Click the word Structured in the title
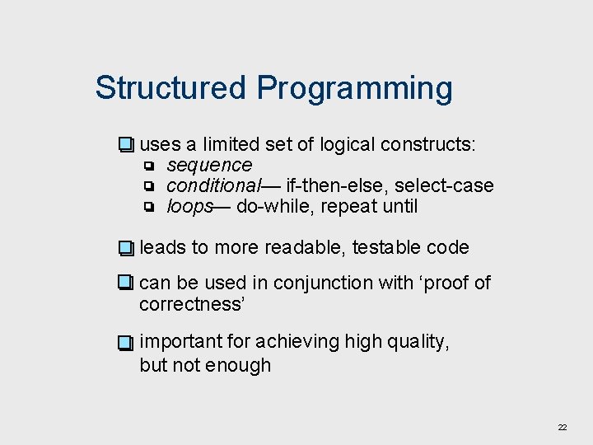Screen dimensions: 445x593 point(170,87)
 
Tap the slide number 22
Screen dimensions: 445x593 point(563,427)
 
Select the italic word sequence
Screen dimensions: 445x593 point(209,166)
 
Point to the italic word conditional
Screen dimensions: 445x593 point(213,186)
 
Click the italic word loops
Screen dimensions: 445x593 point(190,207)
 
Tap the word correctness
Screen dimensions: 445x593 point(193,305)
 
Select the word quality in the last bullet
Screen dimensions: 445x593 point(418,341)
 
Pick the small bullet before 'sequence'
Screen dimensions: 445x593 point(150,166)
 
